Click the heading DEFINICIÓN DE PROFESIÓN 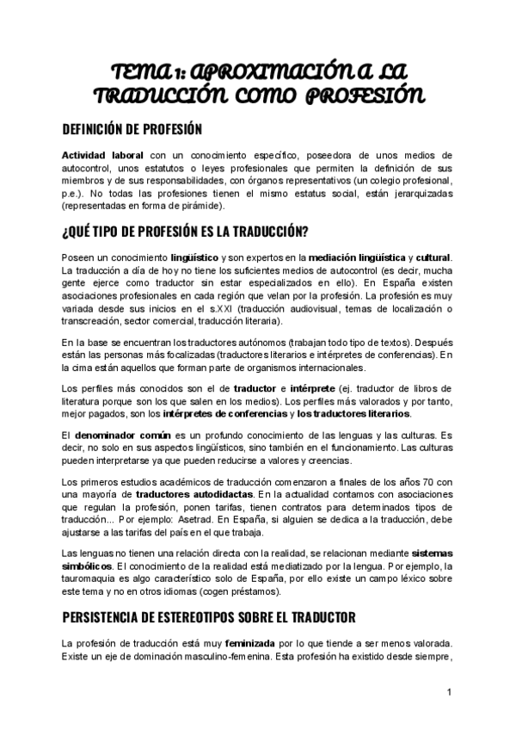click(x=132, y=129)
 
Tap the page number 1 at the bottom click(x=449, y=692)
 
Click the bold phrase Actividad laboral click(x=95, y=154)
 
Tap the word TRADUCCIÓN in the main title click(x=170, y=95)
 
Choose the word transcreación click(x=94, y=321)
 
